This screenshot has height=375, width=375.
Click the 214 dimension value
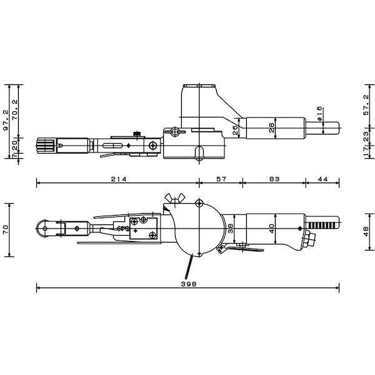[118, 179]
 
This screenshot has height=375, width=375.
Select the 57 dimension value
[221, 179]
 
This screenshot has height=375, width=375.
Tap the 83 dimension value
[274, 179]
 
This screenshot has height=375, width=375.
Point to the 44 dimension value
[322, 179]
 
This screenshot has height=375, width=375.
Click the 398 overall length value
[189, 284]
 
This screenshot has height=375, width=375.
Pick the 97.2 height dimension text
[5, 120]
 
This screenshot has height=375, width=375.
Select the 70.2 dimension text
[15, 110]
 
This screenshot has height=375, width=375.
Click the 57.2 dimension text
[366, 105]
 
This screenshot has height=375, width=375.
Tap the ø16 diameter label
[319, 113]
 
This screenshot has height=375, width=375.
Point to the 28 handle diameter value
[272, 128]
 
